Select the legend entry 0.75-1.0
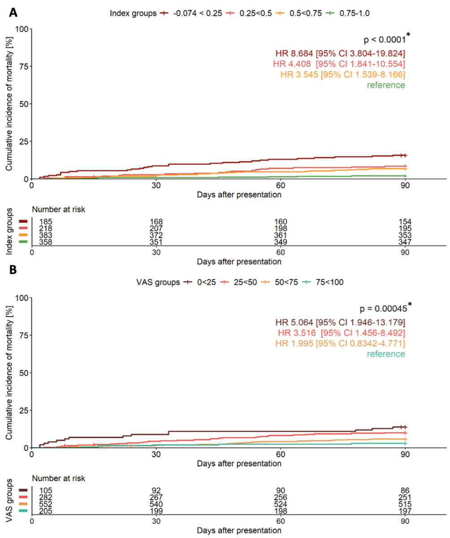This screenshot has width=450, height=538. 355,13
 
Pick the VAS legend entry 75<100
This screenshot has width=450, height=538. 332,282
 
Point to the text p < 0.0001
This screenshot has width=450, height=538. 380,39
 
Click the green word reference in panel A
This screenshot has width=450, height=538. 386,85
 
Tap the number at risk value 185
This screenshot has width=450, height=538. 45,221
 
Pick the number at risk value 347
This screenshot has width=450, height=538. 405,242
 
